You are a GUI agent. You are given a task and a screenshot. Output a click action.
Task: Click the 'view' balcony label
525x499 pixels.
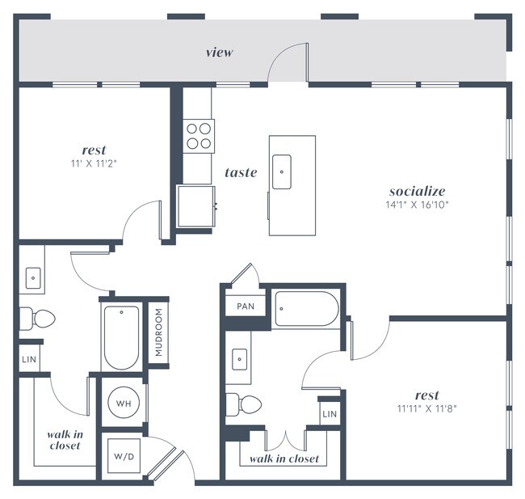[219, 53]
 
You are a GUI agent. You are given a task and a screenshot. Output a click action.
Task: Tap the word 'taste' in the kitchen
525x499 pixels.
[241, 172]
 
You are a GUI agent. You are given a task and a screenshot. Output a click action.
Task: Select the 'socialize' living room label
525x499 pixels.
[418, 192]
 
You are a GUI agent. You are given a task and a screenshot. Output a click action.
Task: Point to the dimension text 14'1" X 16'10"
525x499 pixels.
[418, 205]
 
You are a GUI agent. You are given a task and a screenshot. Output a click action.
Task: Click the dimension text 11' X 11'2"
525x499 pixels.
[94, 163]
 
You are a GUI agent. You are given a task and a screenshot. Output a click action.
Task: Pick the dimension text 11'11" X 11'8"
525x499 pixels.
[426, 408]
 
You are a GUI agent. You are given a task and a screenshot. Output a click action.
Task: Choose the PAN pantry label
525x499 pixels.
[246, 307]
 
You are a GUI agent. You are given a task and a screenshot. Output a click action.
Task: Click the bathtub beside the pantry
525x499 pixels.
[306, 308]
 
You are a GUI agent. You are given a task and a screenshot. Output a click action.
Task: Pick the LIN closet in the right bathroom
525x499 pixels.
[329, 414]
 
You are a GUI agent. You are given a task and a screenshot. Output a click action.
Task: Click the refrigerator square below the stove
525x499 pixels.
[196, 206]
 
